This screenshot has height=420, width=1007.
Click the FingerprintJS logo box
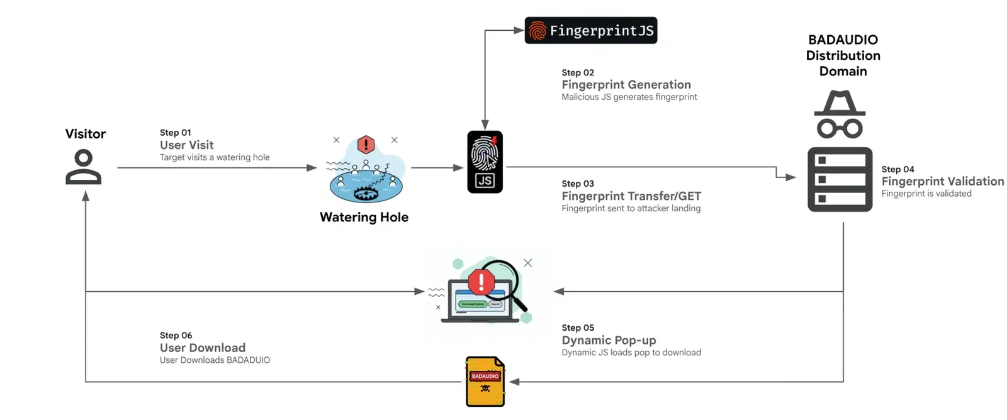(x=590, y=30)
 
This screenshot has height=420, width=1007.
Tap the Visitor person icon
(x=83, y=167)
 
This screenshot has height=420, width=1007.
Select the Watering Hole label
(x=364, y=217)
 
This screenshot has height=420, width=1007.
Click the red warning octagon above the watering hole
(x=366, y=145)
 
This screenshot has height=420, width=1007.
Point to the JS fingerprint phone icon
(x=485, y=162)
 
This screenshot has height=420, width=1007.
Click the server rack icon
(x=840, y=180)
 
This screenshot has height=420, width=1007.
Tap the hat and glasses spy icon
(x=840, y=114)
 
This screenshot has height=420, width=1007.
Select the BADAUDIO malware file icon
(x=485, y=382)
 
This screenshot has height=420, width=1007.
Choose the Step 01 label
(x=175, y=133)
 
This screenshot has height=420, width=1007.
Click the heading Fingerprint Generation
(x=626, y=84)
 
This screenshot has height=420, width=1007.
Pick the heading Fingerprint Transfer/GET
(x=631, y=196)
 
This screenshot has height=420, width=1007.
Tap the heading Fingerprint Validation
(x=942, y=181)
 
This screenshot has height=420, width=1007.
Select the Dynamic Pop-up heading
(x=609, y=340)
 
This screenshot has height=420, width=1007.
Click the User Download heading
(x=203, y=348)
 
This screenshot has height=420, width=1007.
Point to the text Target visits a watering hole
(x=215, y=157)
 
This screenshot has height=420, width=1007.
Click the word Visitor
(x=86, y=134)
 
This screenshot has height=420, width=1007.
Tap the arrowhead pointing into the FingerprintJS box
(x=519, y=30)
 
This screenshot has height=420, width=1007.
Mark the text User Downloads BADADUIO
(x=215, y=360)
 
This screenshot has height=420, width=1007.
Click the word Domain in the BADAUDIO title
(x=843, y=71)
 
